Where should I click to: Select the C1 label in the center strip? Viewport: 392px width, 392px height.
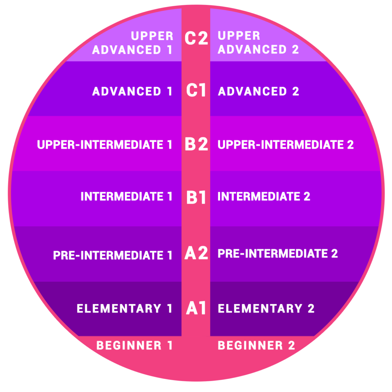point(196,90)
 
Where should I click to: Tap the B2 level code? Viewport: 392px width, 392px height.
point(196,144)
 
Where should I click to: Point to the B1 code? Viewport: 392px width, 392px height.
point(196,197)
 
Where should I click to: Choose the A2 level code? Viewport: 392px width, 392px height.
point(196,253)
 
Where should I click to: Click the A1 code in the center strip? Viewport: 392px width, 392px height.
point(196,308)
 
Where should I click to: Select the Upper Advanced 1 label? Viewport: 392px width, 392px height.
point(132,43)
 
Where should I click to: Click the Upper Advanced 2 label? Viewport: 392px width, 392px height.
point(258,42)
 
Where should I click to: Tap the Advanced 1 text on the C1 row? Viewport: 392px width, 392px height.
point(132,91)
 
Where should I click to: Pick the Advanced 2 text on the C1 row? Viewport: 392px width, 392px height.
point(258,91)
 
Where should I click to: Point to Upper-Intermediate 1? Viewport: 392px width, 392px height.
point(105,144)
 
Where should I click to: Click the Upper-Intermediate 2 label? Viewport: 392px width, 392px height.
point(286,144)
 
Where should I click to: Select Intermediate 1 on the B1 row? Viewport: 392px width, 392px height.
point(126,196)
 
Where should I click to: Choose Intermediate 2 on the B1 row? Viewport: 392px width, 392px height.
point(264,196)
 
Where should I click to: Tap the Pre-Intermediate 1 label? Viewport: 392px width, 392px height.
point(113,255)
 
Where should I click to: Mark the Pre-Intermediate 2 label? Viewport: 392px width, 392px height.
point(278,253)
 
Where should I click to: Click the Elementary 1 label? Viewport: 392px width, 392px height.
point(125,309)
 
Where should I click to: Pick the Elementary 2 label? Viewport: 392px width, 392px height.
point(266,309)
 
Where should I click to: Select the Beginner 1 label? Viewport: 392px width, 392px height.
point(134,346)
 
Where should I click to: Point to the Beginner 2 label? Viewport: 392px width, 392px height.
point(256,346)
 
